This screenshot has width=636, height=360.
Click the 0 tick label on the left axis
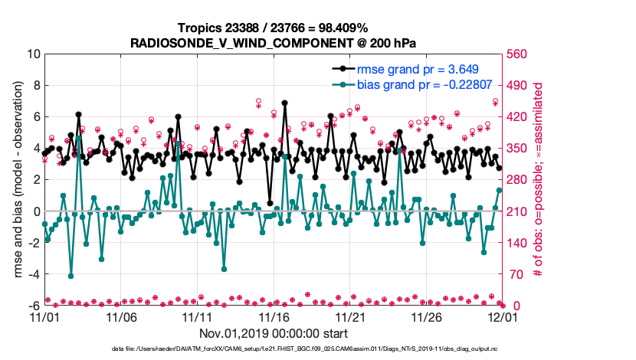(x=35, y=211)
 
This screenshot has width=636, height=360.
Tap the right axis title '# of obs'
(x=539, y=180)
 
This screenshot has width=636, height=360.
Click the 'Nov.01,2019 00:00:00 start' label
(x=274, y=333)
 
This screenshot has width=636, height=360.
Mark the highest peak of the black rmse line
(x=285, y=102)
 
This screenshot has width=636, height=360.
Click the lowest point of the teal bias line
(x=71, y=276)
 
